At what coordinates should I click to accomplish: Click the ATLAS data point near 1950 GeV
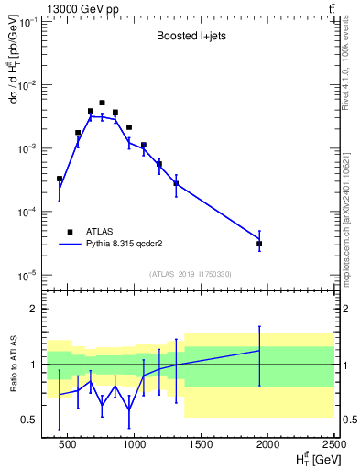[x=259, y=244]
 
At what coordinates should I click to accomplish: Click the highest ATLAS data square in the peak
[x=102, y=104]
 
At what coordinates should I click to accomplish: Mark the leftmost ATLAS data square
[x=60, y=180]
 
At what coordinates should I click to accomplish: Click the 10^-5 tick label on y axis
[x=31, y=275]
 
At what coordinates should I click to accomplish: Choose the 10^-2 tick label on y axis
[x=31, y=85]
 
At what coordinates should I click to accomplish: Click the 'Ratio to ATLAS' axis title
[x=12, y=364]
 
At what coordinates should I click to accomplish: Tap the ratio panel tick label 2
[x=37, y=309]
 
